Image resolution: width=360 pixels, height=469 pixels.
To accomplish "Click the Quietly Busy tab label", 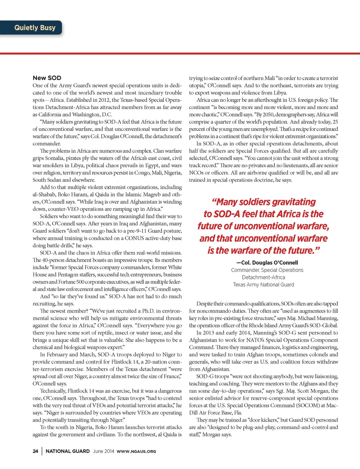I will coord(35,28).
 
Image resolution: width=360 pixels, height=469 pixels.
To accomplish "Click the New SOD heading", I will coord(47,78).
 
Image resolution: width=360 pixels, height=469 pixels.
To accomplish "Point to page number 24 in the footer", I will coord(35,451).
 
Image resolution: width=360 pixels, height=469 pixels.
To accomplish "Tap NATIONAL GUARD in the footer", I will coord(67,451).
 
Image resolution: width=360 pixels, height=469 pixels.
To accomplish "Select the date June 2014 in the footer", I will coord(103,451).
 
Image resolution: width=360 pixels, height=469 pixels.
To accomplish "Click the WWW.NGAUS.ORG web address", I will coord(136,451).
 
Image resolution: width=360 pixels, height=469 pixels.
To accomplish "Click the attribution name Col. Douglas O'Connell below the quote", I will coord(267,263).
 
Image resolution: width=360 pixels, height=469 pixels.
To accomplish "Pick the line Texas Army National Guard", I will coord(264,285).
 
